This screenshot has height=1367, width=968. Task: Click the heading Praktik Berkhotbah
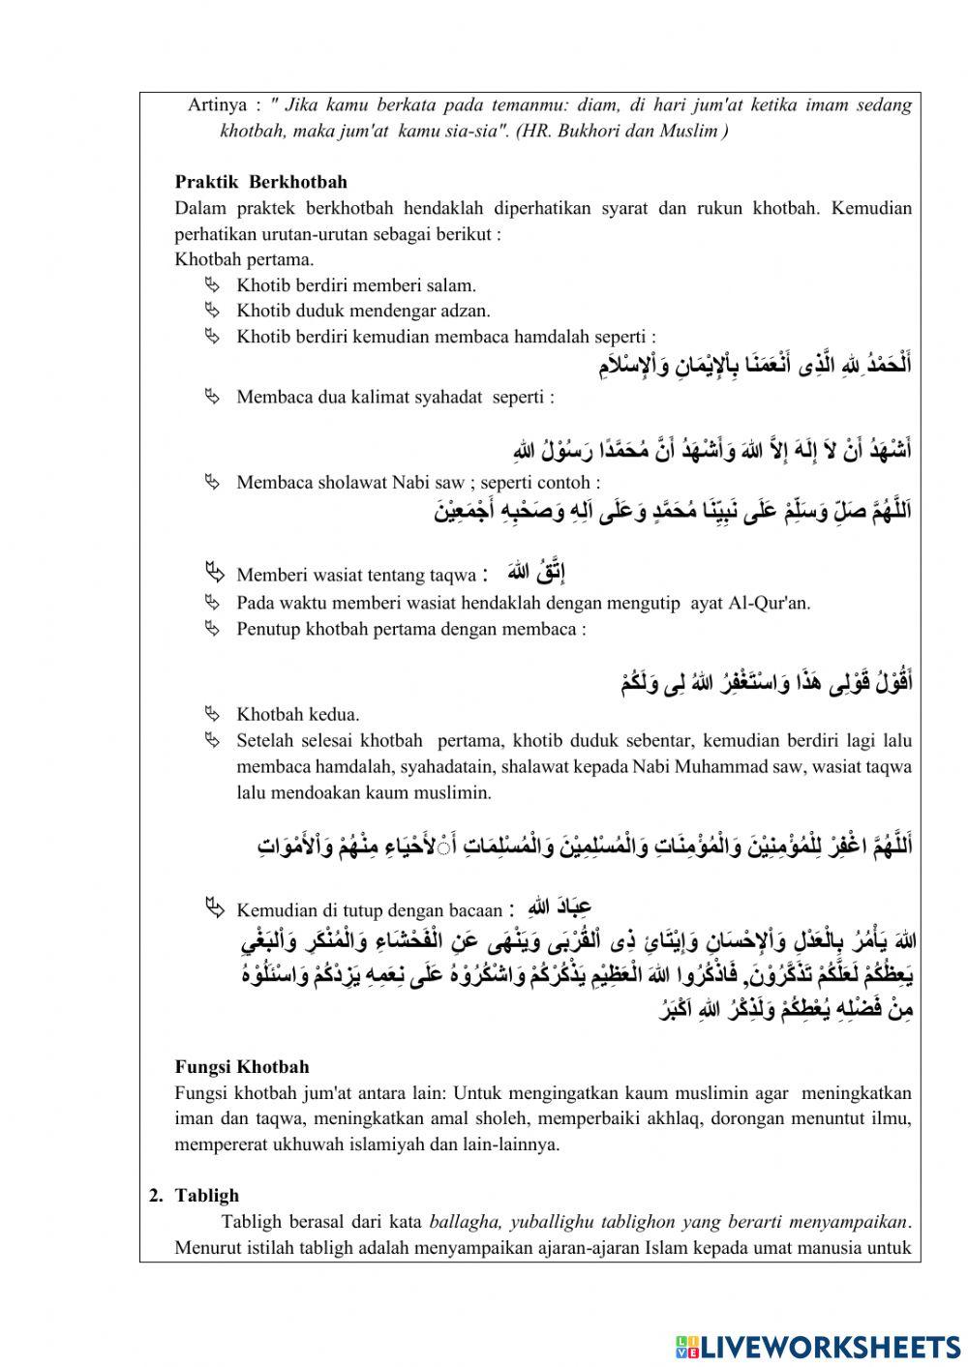pyautogui.click(x=260, y=182)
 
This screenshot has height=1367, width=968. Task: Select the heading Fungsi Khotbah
pyautogui.click(x=242, y=1067)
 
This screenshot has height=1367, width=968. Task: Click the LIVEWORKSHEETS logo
pyautogui.click(x=818, y=1346)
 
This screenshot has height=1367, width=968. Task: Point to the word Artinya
pyautogui.click(x=217, y=105)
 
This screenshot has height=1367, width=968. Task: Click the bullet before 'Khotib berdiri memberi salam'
pyautogui.click(x=213, y=284)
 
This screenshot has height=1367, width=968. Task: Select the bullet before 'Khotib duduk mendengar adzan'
pyautogui.click(x=213, y=311)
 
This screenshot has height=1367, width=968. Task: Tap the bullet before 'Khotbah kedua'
pyautogui.click(x=213, y=714)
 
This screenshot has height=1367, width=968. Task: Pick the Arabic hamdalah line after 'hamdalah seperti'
pyautogui.click(x=754, y=365)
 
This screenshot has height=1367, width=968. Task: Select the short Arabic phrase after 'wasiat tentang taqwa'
pyautogui.click(x=529, y=571)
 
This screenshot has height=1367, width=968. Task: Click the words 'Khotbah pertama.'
pyautogui.click(x=244, y=259)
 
